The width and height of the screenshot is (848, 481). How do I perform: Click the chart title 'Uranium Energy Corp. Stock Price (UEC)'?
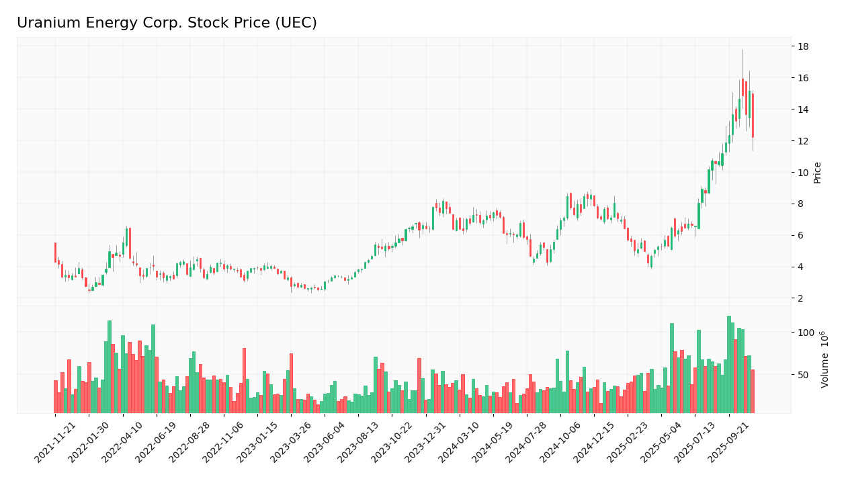coord(167,24)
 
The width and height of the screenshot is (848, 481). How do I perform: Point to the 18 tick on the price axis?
coord(803,46)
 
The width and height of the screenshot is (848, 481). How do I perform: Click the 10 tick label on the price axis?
coord(803,173)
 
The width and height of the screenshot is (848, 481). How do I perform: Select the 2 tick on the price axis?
coord(803,298)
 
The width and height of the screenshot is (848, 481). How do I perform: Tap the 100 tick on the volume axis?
coord(806,333)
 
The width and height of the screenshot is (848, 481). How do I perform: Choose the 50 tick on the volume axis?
coord(803,374)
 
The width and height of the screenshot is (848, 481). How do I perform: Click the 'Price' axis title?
coord(817,172)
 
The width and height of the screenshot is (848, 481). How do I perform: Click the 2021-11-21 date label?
coord(56,443)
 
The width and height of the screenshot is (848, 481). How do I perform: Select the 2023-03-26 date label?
coord(292,443)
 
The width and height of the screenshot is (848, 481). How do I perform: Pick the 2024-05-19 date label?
coord(493,443)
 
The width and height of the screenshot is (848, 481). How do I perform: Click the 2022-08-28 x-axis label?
coord(190,443)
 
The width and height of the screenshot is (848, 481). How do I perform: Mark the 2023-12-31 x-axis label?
coord(426,443)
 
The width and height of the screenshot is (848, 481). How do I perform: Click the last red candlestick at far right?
coord(753,116)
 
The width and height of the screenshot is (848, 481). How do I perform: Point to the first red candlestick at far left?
coord(55,252)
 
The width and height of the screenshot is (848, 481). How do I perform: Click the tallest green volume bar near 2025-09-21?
coord(728,364)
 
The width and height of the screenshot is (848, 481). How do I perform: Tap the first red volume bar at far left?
coord(55,396)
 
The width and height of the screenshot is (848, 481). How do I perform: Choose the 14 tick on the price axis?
coord(803,110)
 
